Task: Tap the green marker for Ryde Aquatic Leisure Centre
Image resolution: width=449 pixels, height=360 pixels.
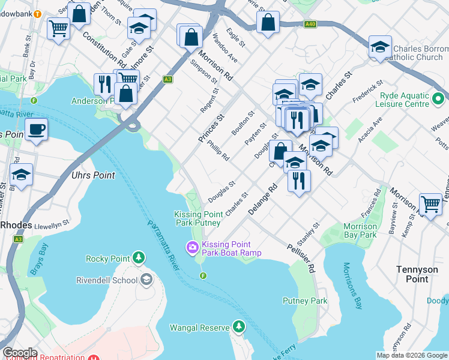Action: click(x=439, y=98)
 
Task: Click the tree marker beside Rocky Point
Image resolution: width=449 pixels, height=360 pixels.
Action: click(x=139, y=259)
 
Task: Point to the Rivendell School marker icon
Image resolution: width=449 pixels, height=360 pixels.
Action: click(x=146, y=280)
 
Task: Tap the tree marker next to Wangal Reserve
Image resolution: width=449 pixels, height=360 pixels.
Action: click(x=239, y=327)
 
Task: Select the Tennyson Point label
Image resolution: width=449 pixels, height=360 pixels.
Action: click(x=421, y=274)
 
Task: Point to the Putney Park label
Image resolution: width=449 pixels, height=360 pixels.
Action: click(x=306, y=301)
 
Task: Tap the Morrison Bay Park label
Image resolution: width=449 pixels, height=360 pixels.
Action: click(x=360, y=230)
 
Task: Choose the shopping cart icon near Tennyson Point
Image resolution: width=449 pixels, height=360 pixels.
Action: click(x=430, y=204)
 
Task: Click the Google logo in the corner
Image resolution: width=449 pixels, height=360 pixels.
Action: click(x=20, y=353)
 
